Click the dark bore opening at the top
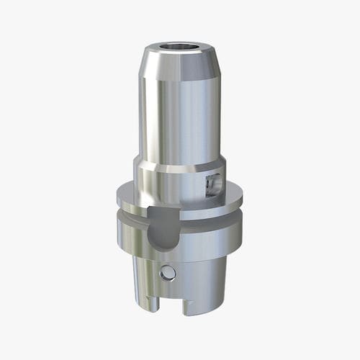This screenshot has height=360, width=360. tap(180, 51)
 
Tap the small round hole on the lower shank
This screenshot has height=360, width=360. tap(168, 273)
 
